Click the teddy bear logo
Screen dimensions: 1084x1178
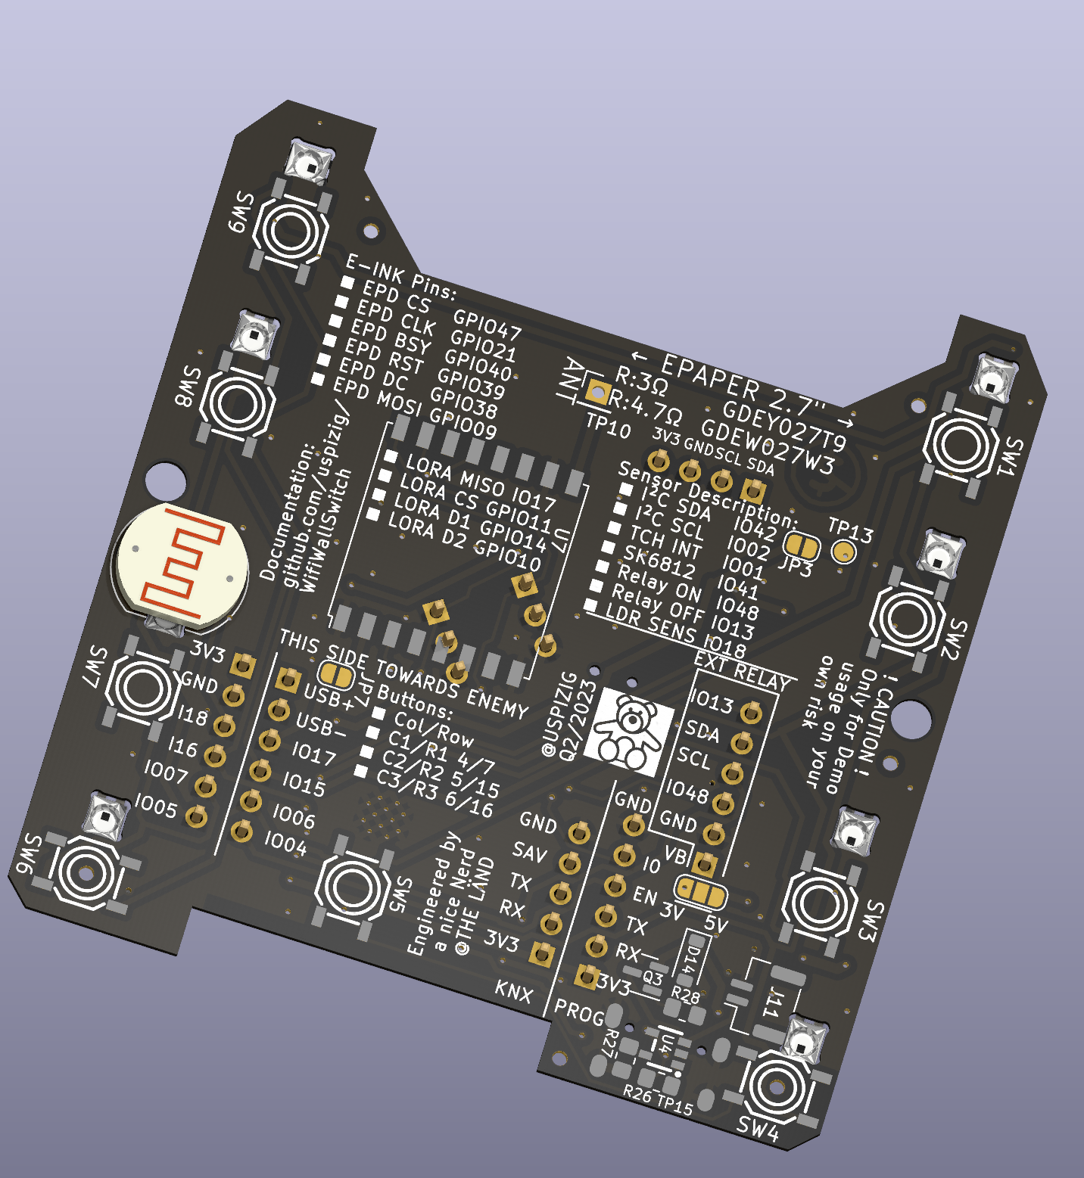[x=630, y=732]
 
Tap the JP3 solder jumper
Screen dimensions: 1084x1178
[x=800, y=545]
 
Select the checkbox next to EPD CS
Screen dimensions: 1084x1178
[x=347, y=282]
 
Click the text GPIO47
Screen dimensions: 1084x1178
[x=487, y=324]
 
